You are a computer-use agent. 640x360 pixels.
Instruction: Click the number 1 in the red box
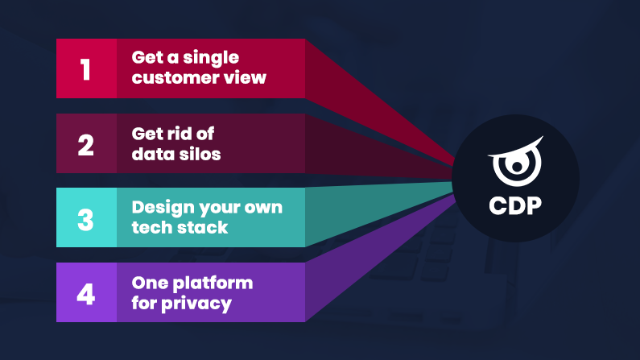[86, 69]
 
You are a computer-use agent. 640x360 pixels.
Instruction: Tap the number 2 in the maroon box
[86, 144]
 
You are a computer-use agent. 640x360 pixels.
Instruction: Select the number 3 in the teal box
[86, 218]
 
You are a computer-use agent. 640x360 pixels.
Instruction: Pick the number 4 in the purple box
[86, 292]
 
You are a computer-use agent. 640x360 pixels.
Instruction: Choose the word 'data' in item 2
[151, 153]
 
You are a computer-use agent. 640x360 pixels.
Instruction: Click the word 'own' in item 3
[264, 208]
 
